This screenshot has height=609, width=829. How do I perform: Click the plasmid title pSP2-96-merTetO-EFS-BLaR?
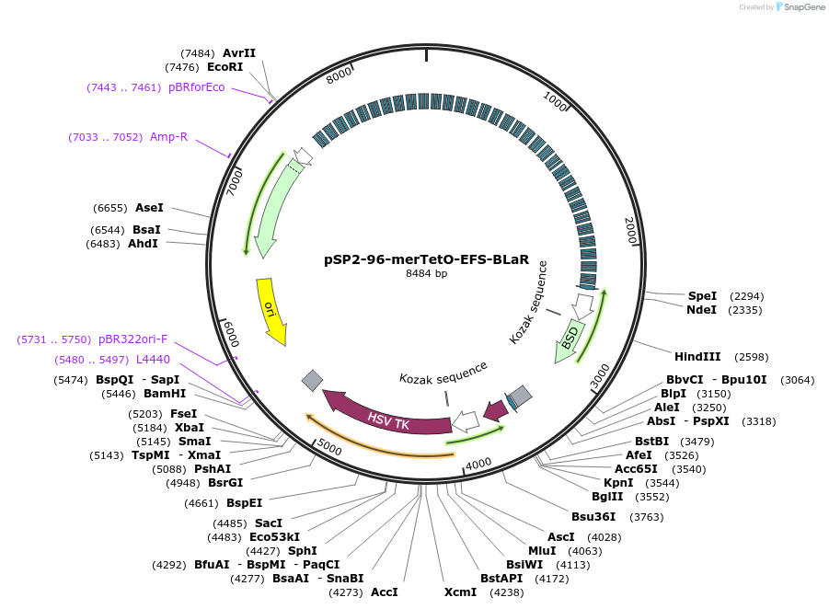[426, 259]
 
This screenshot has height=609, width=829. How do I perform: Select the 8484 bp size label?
[426, 273]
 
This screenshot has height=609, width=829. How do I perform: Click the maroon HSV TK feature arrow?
[386, 420]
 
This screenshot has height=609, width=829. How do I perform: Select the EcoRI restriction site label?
[225, 67]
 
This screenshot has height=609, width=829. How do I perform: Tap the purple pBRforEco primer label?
[196, 87]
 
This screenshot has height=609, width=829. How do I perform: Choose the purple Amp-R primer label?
[168, 137]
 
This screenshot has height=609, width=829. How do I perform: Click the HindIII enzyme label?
[695, 357]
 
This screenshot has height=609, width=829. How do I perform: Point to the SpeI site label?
[702, 296]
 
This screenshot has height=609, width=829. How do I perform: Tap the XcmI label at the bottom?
[460, 592]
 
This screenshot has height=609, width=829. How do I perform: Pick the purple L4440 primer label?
[153, 360]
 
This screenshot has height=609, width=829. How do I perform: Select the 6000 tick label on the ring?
[230, 330]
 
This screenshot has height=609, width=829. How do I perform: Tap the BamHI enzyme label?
[165, 394]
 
